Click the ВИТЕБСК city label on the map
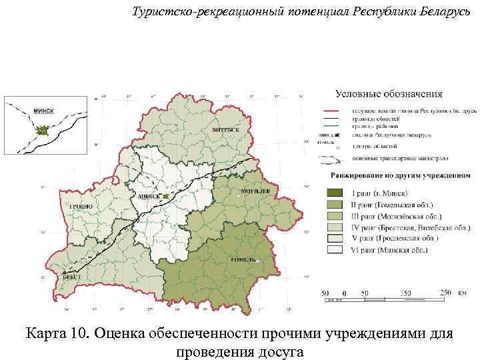pyautogui.click(x=226, y=128)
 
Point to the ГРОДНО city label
pyautogui.click(x=81, y=207)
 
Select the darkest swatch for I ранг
pyautogui.click(x=337, y=193)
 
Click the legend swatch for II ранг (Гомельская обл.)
pyautogui.click(x=337, y=205)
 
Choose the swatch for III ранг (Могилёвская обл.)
pyautogui.click(x=337, y=216)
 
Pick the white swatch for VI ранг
pyautogui.click(x=337, y=250)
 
